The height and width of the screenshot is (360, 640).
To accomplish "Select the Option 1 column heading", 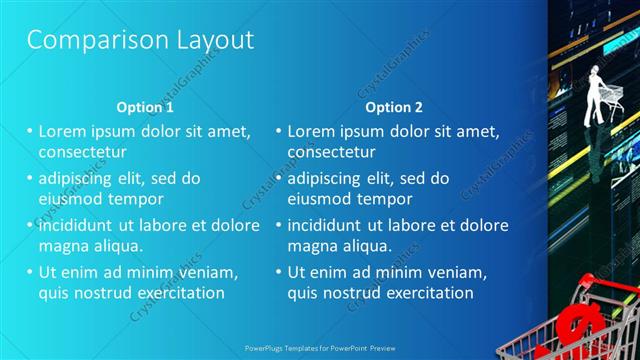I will pos(145,107).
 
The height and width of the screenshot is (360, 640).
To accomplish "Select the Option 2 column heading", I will pos(394,107).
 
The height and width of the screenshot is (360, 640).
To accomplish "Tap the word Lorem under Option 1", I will pos(63,131).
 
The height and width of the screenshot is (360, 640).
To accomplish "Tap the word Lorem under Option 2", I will pos(312,131).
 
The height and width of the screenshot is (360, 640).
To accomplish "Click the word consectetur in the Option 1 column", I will pos(82,153).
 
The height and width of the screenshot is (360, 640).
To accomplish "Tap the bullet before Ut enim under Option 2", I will pos(278,271).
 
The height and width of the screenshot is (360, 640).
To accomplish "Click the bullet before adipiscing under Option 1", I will pos(29,178).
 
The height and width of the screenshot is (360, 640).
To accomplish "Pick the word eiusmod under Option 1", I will pos(68,198).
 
